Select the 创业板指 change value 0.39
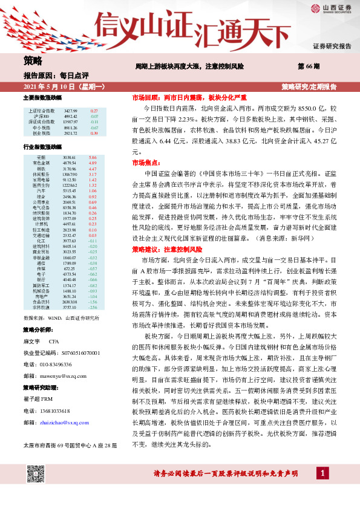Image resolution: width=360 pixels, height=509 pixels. click(93, 133)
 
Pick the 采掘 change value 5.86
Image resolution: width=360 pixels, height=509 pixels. click(93, 157)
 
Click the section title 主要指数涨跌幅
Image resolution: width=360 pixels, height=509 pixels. click(42, 97)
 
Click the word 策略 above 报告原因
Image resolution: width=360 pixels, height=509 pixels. click(33, 60)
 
